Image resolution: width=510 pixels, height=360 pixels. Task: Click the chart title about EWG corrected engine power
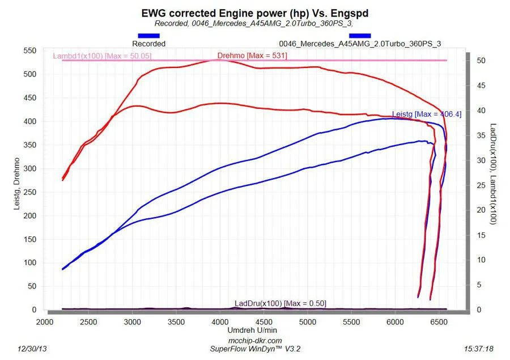254,12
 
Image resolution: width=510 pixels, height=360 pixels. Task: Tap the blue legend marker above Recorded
148,36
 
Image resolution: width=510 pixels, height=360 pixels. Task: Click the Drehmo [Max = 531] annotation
252,56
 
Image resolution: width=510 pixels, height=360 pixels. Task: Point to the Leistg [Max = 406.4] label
426,114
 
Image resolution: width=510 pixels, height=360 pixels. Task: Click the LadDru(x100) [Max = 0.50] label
280,303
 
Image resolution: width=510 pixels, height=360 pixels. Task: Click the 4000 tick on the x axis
220,321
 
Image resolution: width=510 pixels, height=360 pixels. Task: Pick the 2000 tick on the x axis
45,321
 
